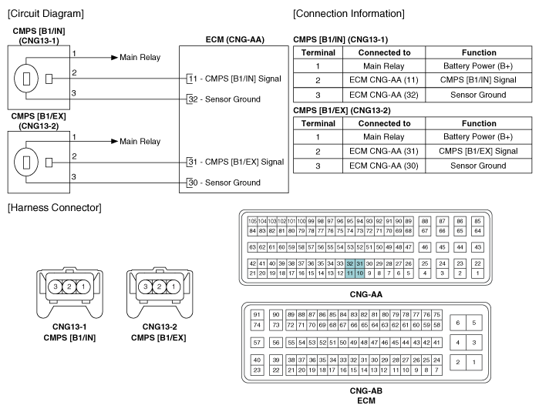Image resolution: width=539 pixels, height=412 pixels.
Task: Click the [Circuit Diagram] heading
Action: (x=45, y=14)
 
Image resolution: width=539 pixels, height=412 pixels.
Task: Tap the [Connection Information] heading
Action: (x=349, y=14)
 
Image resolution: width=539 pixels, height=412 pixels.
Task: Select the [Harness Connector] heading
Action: (x=54, y=208)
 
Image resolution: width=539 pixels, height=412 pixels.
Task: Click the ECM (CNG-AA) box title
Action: (x=234, y=40)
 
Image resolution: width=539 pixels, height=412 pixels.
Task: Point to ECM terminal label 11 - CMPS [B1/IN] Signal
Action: (x=235, y=79)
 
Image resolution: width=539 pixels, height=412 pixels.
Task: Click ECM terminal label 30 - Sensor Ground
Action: (x=224, y=183)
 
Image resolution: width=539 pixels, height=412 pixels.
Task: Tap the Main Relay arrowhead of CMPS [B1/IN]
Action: (x=114, y=58)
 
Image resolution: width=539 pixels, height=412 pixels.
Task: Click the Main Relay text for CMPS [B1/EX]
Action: (x=140, y=142)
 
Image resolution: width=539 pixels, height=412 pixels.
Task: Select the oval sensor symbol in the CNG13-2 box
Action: (x=26, y=162)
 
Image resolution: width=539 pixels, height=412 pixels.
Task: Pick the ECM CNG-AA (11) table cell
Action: (x=384, y=80)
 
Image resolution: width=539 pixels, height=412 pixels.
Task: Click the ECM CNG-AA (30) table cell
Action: (x=384, y=166)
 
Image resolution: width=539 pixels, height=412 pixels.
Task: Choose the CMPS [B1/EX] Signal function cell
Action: (x=478, y=151)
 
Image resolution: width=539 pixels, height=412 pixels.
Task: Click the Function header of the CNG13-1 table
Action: (x=479, y=52)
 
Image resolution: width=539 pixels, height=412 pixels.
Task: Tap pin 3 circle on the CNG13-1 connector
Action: (x=56, y=286)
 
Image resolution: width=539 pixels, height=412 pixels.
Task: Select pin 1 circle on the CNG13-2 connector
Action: (x=173, y=286)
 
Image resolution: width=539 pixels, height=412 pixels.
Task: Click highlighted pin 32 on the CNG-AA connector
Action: (x=350, y=263)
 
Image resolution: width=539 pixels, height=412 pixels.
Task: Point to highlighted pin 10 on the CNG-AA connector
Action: (x=359, y=273)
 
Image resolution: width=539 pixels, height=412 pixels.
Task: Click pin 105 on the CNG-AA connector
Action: (x=252, y=221)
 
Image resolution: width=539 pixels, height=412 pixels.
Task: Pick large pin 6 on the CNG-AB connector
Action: (x=457, y=323)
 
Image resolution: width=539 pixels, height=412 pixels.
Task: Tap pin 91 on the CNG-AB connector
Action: (x=257, y=314)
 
